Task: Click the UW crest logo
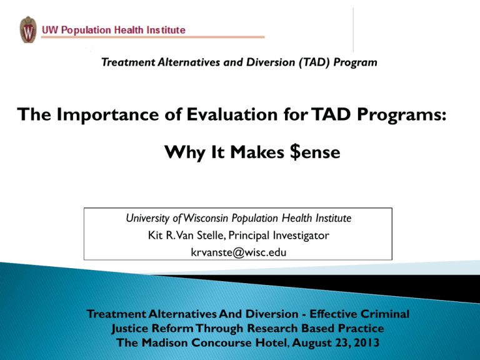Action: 28,30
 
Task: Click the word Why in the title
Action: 184,151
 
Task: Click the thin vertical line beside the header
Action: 354,29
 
